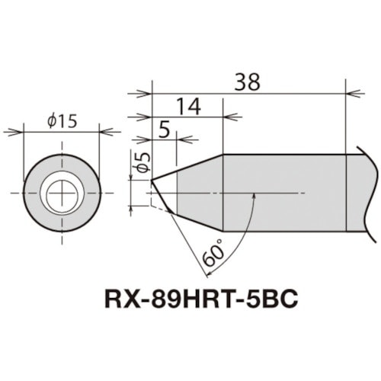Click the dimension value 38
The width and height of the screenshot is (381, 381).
pyautogui.click(x=248, y=79)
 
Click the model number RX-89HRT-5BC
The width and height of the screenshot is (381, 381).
pyautogui.click(x=197, y=300)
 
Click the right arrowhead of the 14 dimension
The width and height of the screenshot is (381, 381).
pyautogui.click(x=219, y=117)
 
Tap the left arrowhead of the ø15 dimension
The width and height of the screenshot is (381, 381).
pyautogui.click(x=27, y=132)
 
